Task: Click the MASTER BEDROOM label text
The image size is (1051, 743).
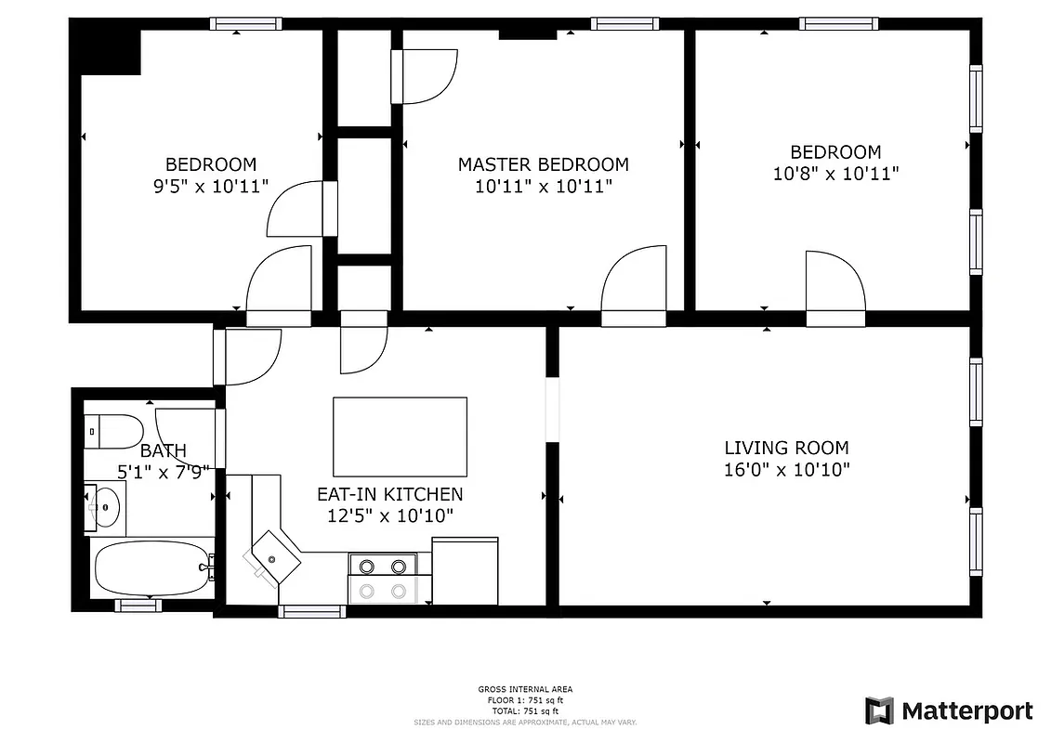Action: [x=543, y=164]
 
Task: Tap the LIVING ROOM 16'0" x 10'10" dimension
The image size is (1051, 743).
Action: [x=786, y=470]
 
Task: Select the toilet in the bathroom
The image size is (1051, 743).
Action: [x=113, y=431]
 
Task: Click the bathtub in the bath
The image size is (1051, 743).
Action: [x=151, y=568]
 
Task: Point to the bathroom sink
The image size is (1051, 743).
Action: [x=104, y=507]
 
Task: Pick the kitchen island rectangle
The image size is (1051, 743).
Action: [x=400, y=436]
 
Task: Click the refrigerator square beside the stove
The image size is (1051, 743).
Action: [x=465, y=571]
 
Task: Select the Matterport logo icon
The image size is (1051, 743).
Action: [x=879, y=710]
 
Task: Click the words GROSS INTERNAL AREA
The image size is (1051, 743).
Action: [x=525, y=689]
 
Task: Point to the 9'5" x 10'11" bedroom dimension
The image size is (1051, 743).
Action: [x=211, y=185]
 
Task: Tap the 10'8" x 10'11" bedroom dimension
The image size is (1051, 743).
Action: [x=835, y=173]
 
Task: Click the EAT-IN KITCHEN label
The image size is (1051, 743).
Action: [x=389, y=494]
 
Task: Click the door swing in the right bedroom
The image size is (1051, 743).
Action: [x=834, y=281]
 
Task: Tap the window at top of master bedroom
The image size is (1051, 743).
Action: [x=624, y=24]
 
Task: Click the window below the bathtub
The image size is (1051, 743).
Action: [x=138, y=606]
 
